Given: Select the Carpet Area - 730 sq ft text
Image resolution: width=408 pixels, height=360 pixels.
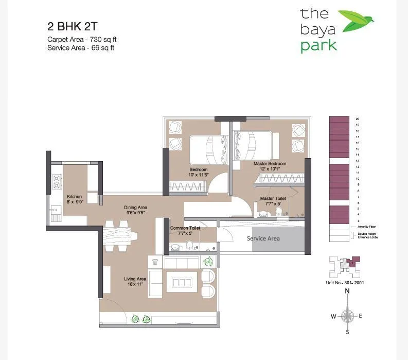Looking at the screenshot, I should [78, 39].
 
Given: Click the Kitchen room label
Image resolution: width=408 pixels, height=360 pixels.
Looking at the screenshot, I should [75, 199].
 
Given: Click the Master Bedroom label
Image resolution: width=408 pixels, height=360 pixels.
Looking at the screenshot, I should [270, 166].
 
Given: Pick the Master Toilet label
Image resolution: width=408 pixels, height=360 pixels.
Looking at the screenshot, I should [273, 200].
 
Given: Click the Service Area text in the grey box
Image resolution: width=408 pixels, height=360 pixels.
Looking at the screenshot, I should [263, 238].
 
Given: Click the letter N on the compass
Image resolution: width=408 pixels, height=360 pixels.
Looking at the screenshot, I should [348, 292].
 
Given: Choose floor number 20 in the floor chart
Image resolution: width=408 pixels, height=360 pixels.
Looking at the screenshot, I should [357, 119].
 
